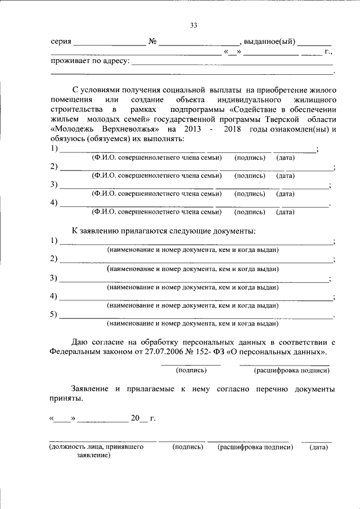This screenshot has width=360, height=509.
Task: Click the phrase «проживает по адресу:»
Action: coord(90,61)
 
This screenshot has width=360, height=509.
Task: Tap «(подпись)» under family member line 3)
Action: coord(249,194)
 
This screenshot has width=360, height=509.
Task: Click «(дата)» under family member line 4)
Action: coord(285,212)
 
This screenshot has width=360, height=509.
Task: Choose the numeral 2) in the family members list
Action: coord(53,167)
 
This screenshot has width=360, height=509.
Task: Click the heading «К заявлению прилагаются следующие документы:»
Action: coord(164,231)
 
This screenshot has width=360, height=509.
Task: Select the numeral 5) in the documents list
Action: coord(53,314)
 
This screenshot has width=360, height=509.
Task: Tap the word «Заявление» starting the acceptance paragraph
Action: coord(90,389)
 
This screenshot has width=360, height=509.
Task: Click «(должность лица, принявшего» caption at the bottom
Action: coord(96,447)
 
